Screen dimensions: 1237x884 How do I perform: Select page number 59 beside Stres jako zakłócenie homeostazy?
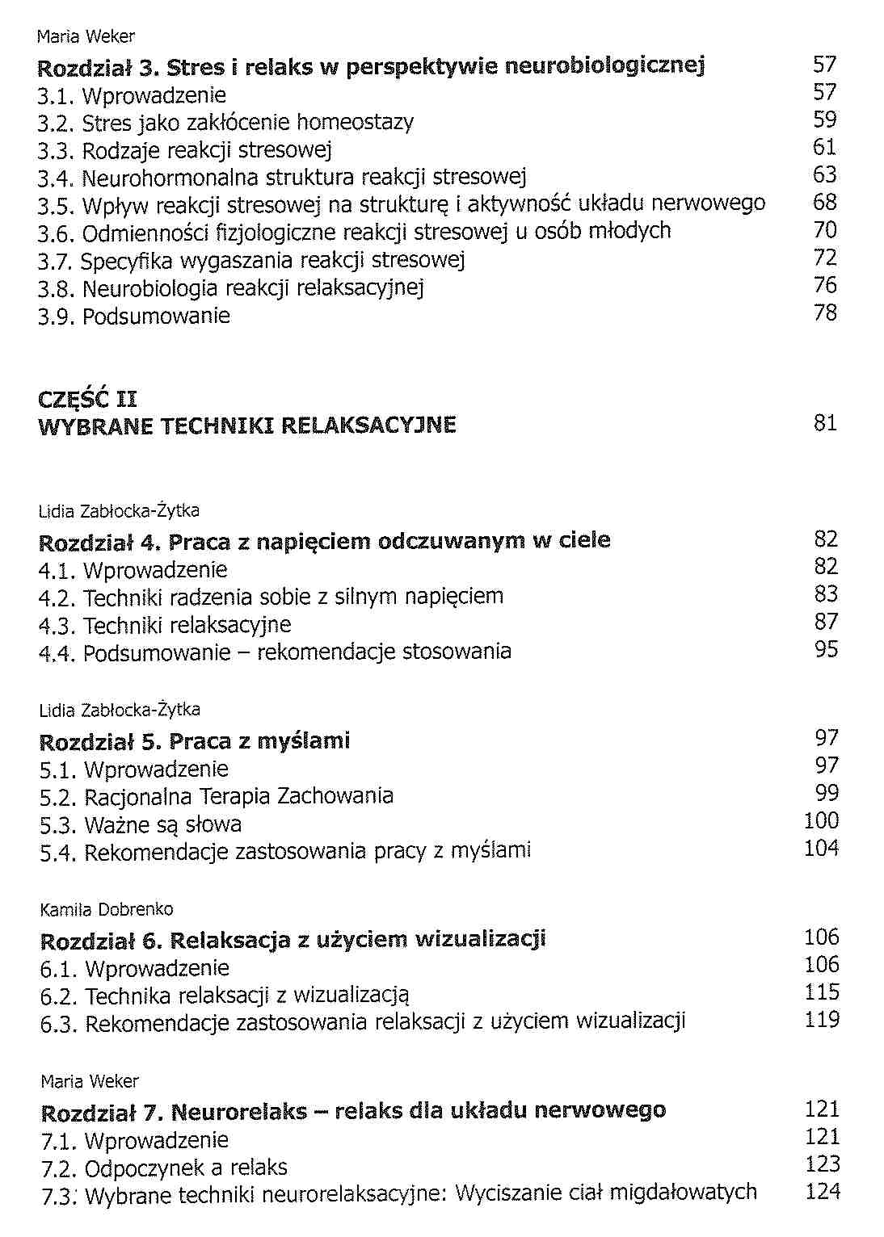(824, 120)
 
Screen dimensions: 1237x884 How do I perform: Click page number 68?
(824, 203)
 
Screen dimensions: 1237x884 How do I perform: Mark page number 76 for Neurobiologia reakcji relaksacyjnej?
(824, 286)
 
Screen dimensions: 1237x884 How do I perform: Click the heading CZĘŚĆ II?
(88, 399)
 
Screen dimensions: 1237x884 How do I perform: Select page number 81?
(825, 423)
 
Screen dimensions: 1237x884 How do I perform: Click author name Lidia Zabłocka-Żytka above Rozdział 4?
(119, 511)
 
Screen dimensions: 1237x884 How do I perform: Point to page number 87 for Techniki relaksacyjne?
(826, 622)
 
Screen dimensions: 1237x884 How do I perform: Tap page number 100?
(821, 821)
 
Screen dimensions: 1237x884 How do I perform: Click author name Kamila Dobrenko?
(107, 910)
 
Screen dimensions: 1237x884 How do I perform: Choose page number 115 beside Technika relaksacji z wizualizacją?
(822, 992)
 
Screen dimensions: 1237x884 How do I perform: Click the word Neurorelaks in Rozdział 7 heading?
(238, 1112)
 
